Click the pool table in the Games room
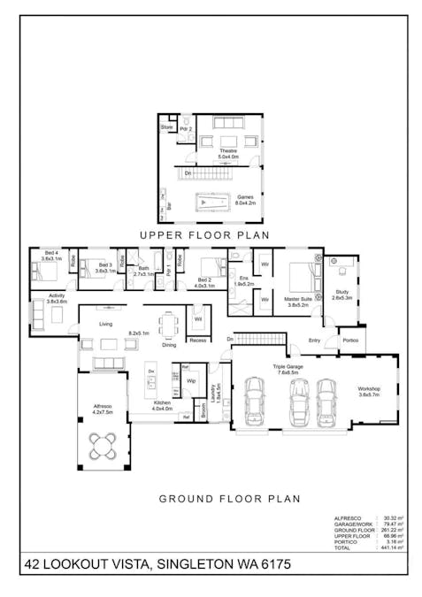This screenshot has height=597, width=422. coord(212,203)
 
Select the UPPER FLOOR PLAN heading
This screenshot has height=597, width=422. coord(211,235)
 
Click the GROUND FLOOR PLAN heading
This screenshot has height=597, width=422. coord(229,499)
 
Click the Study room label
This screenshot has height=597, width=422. coord(341,295)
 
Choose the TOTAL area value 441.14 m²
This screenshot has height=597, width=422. coord(390,548)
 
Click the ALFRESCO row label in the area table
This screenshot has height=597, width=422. coord(346,517)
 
